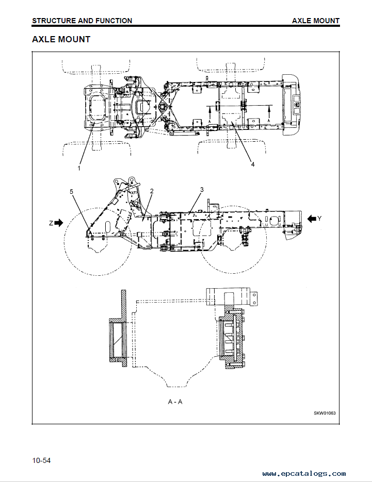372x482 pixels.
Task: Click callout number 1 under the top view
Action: click(79, 168)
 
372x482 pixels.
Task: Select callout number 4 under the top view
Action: click(253, 164)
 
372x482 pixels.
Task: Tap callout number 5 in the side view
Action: click(71, 192)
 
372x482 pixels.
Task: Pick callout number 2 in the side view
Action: click(152, 191)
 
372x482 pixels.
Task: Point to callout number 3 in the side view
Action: click(202, 190)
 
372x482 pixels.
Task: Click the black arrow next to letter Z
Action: click(59, 223)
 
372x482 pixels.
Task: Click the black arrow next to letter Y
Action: click(312, 219)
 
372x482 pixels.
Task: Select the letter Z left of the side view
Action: click(51, 223)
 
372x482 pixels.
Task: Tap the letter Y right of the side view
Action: click(320, 219)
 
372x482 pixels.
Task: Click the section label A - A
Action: click(175, 402)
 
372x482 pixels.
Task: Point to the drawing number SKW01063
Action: click(325, 413)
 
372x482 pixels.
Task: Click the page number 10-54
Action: click(41, 460)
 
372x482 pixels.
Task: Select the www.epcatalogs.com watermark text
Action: click(304, 474)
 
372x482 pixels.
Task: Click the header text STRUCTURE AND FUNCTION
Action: click(82, 21)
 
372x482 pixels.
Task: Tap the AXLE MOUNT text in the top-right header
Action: click(316, 21)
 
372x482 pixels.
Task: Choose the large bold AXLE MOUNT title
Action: click(61, 39)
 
